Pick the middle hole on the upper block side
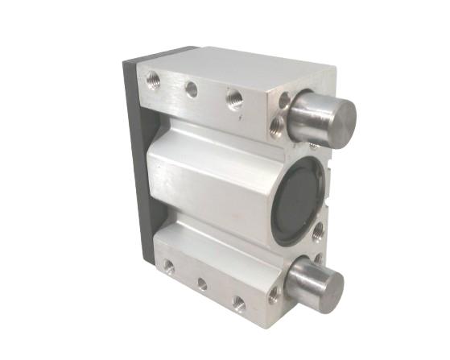[x=192, y=89]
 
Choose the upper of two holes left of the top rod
[x=284, y=101]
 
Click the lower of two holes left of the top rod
[x=279, y=123]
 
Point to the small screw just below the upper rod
[x=312, y=145]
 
